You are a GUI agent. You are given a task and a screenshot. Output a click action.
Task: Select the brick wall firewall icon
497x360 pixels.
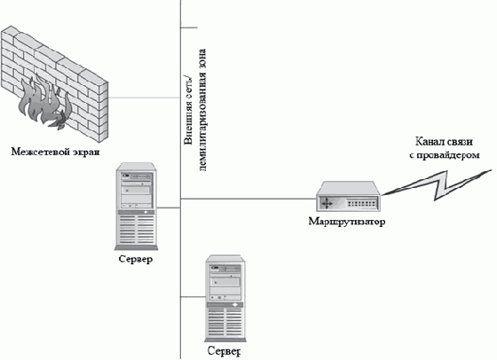pos(54,83)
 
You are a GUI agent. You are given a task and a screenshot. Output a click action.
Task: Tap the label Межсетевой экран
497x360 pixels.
pos(55,152)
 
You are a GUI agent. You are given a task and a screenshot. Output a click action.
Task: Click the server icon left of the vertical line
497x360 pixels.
pos(137,206)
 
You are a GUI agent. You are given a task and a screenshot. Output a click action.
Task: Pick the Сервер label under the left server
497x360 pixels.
pos(136,259)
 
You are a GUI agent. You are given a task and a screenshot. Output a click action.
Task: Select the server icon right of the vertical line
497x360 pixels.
pos(225,298)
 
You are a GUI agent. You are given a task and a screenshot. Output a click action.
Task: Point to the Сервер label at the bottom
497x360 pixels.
pos(225,351)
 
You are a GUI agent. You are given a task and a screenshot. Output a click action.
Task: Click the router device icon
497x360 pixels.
pos(348,197)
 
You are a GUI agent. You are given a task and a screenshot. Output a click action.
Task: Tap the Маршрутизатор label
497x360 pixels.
pos(347,222)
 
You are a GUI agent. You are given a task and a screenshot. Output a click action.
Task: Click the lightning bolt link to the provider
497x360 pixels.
pos(438,186)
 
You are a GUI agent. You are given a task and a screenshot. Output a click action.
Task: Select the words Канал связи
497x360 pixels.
pos(444,142)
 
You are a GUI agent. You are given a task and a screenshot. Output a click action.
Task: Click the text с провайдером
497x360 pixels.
pos(445,155)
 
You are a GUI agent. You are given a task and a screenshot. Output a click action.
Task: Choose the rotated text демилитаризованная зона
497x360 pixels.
pos(203,110)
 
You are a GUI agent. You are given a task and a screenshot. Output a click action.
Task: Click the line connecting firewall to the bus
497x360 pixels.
pos(144,98)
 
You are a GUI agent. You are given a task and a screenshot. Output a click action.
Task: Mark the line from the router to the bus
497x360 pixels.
pos(248,199)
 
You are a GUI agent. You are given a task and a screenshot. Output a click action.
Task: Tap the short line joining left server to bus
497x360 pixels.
pos(169,208)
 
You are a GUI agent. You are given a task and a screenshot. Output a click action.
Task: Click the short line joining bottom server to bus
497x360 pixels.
pos(193,297)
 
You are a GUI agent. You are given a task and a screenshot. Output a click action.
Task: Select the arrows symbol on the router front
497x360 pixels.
pos(327,203)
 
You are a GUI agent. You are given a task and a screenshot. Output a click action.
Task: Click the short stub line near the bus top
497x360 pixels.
pos(189,27)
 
